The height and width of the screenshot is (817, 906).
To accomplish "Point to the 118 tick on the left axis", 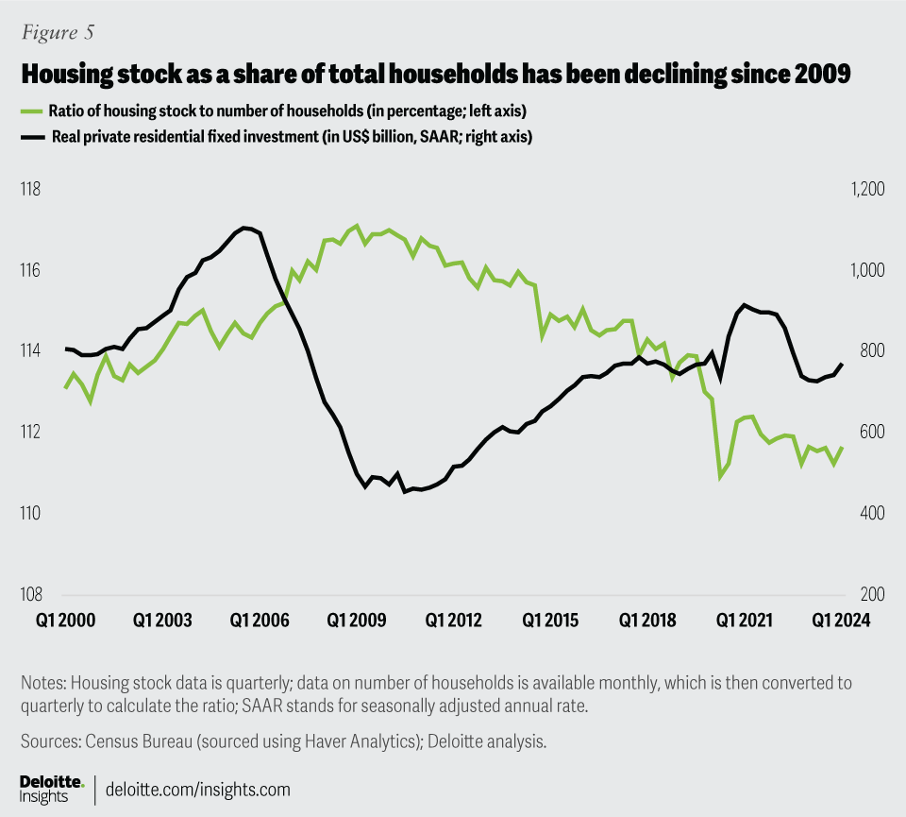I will coord(30,190).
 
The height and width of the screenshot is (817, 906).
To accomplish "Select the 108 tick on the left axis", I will coord(30,595).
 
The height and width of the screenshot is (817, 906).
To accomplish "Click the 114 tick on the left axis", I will coord(30,351).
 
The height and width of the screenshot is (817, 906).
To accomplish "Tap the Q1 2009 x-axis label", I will coord(356,621).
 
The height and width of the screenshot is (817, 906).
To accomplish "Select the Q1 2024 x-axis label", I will coord(842,621).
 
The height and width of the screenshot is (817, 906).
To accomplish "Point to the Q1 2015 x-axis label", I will coord(550,621).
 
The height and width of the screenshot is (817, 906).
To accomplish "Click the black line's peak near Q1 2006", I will coord(244,228).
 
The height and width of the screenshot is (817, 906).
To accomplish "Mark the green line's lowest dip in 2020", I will coord(720,477).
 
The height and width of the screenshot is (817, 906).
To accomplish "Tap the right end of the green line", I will coord(842,448).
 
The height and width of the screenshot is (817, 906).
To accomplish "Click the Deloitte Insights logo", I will coord(52,789).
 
